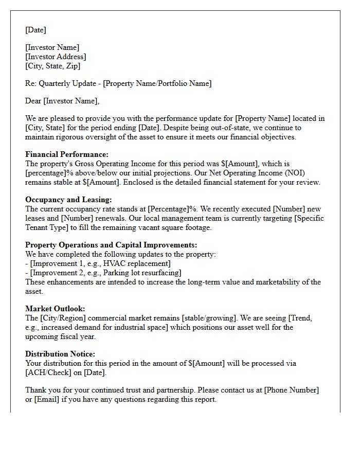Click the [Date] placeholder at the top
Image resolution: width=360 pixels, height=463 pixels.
(x=35, y=30)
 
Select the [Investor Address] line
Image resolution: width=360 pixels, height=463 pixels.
(x=56, y=57)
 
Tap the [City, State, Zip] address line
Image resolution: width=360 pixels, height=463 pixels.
(x=52, y=66)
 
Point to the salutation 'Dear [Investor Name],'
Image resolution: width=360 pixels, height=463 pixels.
(x=62, y=101)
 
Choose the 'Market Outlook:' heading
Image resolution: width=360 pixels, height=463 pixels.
(x=55, y=309)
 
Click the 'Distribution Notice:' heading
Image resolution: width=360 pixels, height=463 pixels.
(x=60, y=354)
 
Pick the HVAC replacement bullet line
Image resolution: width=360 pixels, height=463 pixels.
(x=98, y=263)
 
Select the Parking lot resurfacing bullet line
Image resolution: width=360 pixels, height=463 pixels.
(x=103, y=273)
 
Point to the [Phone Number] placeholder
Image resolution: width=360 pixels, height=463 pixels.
(x=292, y=390)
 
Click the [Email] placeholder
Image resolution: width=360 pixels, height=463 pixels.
(x=48, y=399)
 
